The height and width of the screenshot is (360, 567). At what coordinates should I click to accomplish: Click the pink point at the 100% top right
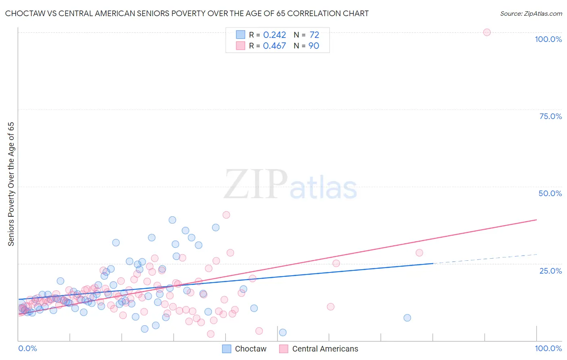[x=487, y=32]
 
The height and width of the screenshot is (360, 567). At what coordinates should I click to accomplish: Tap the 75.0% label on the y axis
[x=550, y=116]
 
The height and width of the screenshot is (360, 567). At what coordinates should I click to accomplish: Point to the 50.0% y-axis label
[x=550, y=193]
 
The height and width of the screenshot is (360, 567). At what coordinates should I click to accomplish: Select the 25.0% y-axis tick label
[x=550, y=271]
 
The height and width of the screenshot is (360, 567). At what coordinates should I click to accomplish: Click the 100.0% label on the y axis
[x=548, y=39]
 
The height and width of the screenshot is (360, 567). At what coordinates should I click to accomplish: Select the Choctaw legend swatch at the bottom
[x=227, y=349]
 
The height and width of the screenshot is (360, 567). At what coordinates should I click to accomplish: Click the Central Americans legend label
[x=325, y=349]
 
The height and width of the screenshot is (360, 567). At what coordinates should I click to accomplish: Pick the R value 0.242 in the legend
[x=274, y=35]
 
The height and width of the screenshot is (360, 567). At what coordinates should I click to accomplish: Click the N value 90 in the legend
[x=314, y=46]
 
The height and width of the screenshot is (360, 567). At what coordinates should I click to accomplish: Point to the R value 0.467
[x=274, y=46]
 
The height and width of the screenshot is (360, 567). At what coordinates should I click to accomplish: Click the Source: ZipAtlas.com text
[x=531, y=14]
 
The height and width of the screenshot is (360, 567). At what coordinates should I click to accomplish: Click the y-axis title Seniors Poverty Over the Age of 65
[x=11, y=184]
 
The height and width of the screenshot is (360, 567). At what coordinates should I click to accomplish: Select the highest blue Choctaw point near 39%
[x=172, y=220]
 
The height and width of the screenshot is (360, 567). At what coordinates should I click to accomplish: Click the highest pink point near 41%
[x=226, y=215]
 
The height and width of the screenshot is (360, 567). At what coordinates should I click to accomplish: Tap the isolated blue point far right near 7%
[x=407, y=318]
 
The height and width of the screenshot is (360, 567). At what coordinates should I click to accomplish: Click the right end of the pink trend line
[x=536, y=220]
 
